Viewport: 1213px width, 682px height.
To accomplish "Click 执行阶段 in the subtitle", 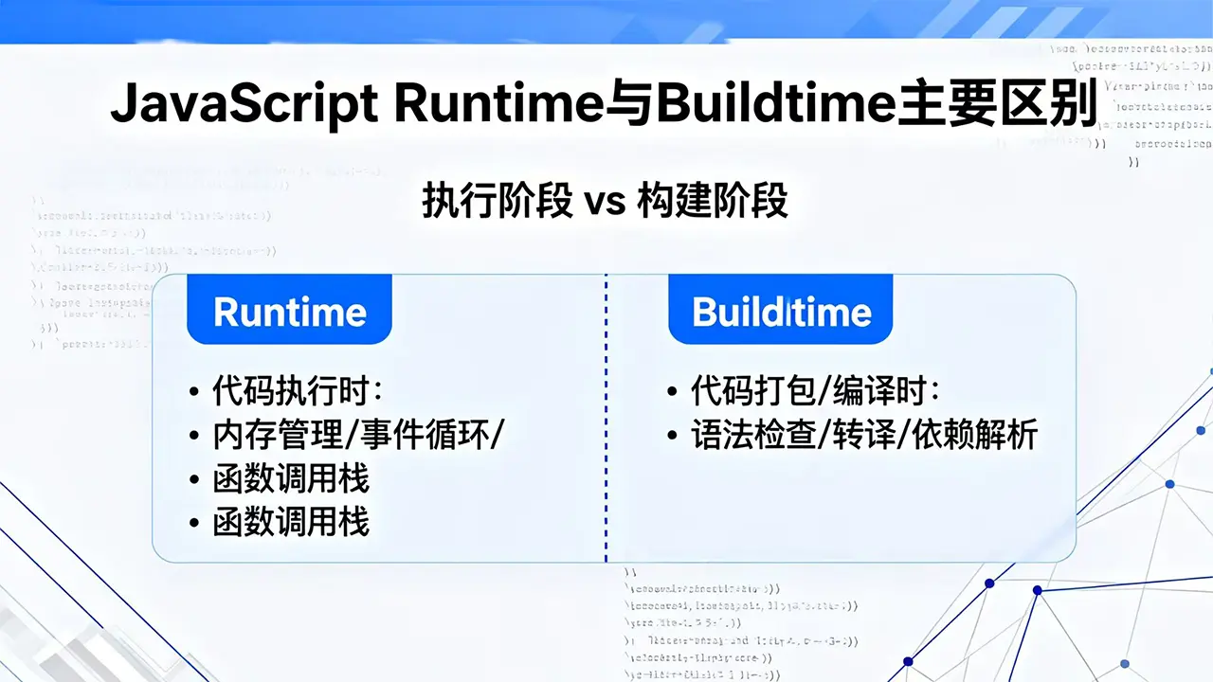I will click(x=497, y=203).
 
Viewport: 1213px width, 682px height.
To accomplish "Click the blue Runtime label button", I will click(x=290, y=311).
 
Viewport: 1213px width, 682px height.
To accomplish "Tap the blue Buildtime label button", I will click(x=781, y=311).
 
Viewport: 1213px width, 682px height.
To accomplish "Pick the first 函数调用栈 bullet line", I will click(x=291, y=478).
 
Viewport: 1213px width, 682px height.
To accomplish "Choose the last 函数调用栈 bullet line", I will click(x=291, y=522).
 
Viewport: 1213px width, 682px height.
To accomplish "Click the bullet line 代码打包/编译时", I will click(x=814, y=390).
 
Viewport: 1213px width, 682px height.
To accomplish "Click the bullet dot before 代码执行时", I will click(x=194, y=391).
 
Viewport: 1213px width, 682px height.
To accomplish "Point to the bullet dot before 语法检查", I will click(x=673, y=436).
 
